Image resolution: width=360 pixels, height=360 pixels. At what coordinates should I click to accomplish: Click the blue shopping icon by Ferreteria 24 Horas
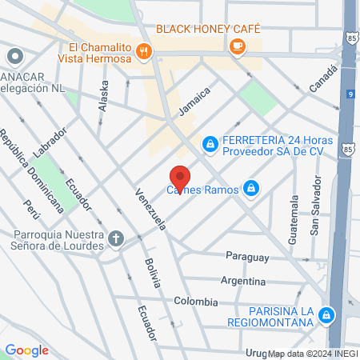pyautogui.click(x=210, y=144)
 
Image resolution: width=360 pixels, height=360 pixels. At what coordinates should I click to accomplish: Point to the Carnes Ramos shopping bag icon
pyautogui.click(x=251, y=189)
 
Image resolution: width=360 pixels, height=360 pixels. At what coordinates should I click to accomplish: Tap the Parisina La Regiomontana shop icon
pyautogui.click(x=326, y=315)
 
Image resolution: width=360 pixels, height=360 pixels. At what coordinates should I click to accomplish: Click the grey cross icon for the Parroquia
pyautogui.click(x=117, y=238)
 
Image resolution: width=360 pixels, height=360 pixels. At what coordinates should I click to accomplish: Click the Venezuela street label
pyautogui.click(x=150, y=211)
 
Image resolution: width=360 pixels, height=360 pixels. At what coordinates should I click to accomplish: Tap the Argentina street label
pyautogui.click(x=243, y=281)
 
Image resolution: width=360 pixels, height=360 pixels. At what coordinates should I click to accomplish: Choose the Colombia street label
pyautogui.click(x=195, y=302)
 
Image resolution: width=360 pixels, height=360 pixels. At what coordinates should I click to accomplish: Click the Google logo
pyautogui.click(x=26, y=350)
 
